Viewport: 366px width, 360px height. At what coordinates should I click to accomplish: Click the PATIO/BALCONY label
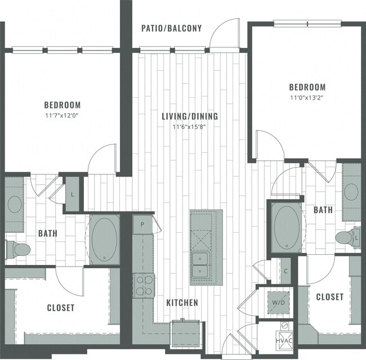171,29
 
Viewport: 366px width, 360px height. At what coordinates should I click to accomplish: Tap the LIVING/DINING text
189,116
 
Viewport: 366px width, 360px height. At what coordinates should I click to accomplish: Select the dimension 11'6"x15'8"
189,127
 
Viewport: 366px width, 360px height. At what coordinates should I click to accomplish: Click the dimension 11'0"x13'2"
307,97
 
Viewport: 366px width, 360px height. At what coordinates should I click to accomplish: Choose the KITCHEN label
182,303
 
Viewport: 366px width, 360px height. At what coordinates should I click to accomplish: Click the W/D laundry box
278,301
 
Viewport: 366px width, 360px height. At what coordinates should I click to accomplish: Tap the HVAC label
283,341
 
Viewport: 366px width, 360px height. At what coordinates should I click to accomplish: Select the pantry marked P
142,224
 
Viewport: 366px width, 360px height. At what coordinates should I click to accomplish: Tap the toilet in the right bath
349,237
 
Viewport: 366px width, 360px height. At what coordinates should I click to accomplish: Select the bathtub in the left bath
105,238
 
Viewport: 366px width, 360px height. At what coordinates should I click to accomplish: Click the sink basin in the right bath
351,192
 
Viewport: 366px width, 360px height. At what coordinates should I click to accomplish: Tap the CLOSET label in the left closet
61,308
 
